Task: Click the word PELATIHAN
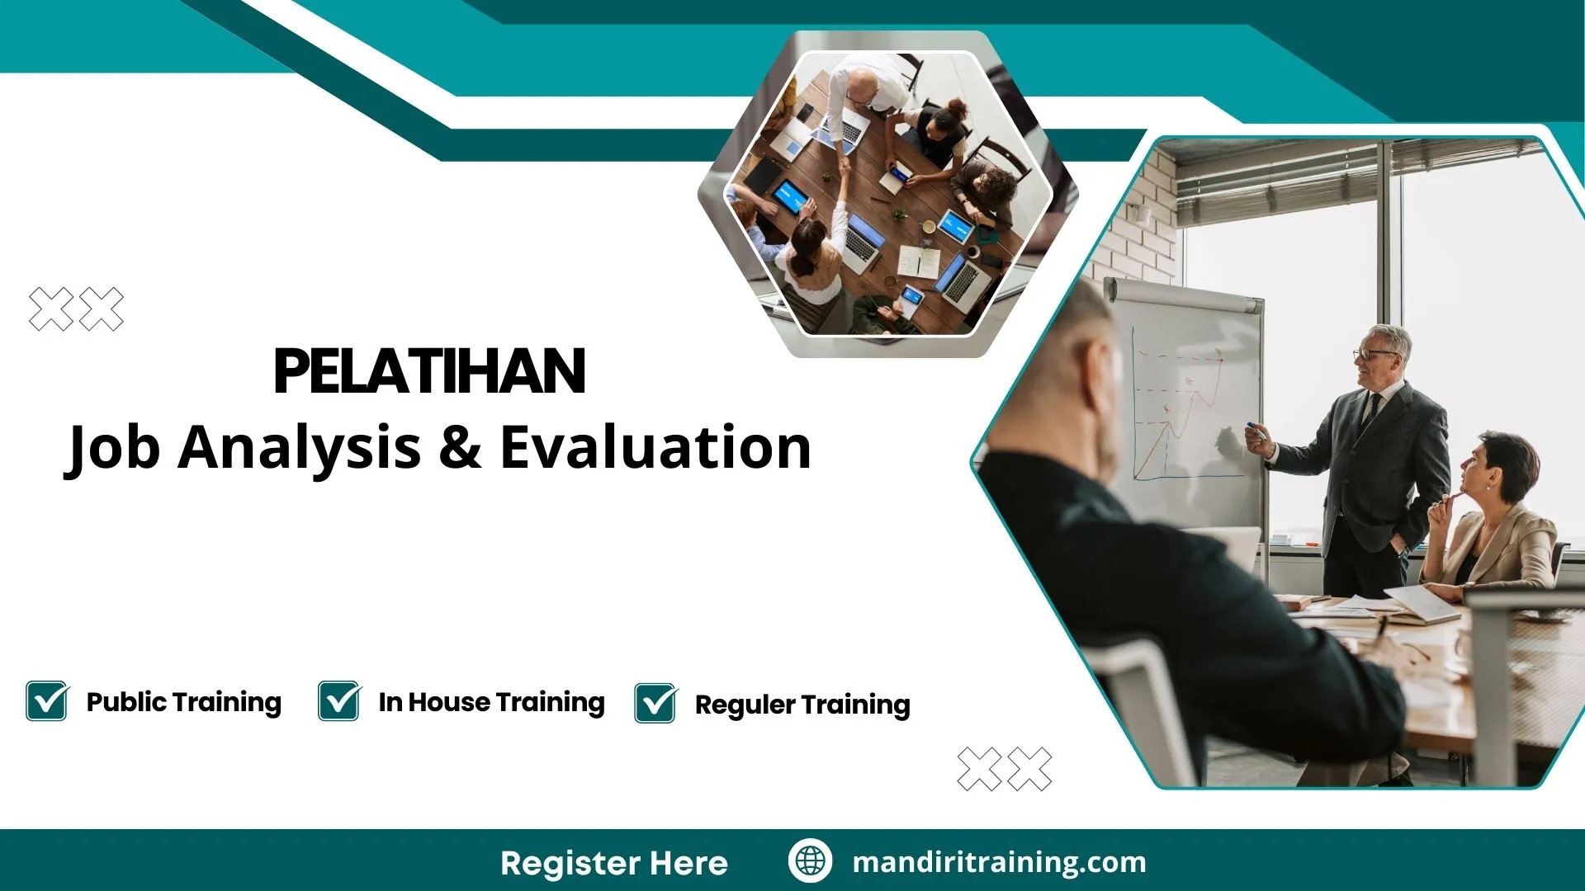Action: coord(429,371)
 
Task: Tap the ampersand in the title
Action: coord(460,447)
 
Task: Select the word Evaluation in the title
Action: coord(655,447)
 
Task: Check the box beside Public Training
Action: coord(47,701)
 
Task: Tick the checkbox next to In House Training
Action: coord(339,701)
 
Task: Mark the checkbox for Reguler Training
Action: coord(655,703)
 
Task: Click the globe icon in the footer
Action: coord(809,861)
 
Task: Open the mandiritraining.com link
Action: coord(999,862)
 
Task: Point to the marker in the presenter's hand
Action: coord(1255,431)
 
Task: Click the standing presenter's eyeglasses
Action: coord(1374,355)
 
